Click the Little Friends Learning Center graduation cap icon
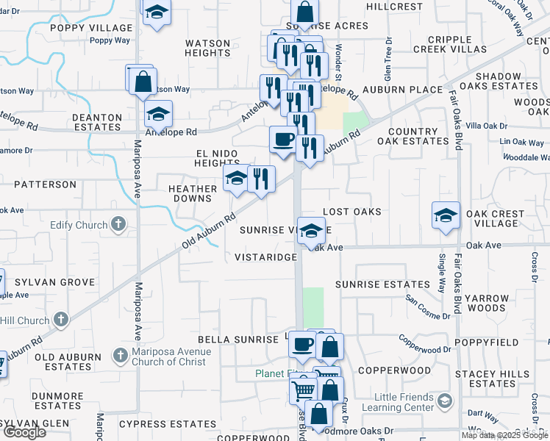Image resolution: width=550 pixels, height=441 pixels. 444,401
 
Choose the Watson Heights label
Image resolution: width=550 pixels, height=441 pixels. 208,49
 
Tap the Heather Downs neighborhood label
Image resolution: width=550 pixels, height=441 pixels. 193,194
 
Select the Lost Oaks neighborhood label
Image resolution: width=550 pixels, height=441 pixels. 352,212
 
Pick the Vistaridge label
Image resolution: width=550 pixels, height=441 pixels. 265,257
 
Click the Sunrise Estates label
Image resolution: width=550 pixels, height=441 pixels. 382,284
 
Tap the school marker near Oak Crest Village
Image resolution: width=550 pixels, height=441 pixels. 446,215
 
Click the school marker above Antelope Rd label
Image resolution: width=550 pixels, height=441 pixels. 157,114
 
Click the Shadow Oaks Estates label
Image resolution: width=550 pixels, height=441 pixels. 507,81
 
